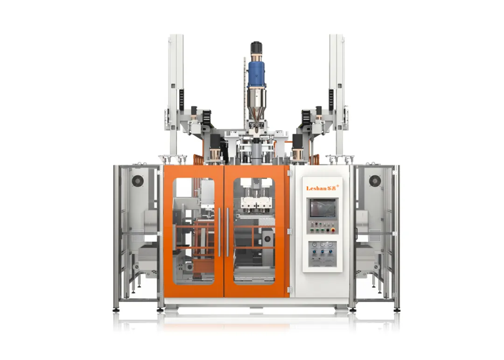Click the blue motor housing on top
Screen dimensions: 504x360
pyautogui.click(x=256, y=73)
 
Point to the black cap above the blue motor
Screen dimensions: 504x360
pyautogui.click(x=256, y=47)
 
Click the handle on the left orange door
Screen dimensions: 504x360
pyautogui.click(x=219, y=232)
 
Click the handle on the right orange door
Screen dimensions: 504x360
pyautogui.click(x=228, y=232)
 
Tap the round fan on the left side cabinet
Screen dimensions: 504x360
pyautogui.click(x=138, y=181)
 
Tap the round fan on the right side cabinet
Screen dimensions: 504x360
pyautogui.click(x=375, y=181)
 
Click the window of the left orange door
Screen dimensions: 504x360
pyautogui.click(x=194, y=231)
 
